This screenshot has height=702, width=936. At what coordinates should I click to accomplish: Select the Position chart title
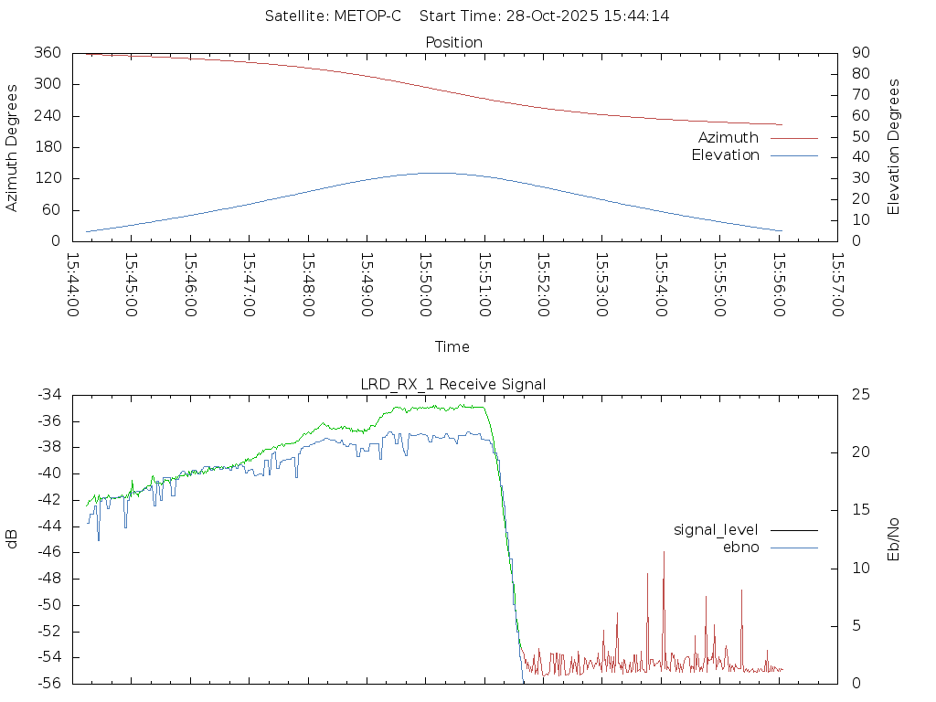pos(454,42)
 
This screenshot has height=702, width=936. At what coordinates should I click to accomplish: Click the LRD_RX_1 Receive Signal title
pos(452,384)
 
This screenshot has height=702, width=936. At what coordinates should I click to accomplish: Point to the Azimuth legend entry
pos(729,137)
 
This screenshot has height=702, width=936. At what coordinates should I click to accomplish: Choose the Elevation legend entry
pos(725,154)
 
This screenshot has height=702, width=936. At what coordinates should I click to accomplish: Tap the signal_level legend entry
pos(716,530)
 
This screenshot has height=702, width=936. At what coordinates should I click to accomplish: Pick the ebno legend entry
pos(741,547)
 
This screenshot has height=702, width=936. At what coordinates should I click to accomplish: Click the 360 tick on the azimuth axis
pos(47,53)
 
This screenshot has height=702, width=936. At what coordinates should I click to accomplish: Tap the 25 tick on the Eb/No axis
pos(860,395)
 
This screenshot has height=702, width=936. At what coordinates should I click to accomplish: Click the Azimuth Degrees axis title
pos(13,147)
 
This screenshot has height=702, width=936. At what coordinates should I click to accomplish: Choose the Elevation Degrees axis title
pos(894,147)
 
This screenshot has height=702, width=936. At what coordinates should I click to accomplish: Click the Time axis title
pos(452,346)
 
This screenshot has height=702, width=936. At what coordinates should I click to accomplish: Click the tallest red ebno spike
pos(664,552)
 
